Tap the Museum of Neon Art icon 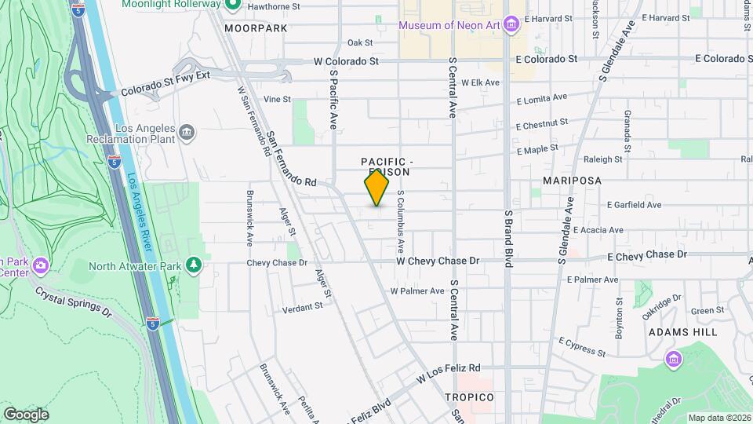(511, 26)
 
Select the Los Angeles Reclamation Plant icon (187, 131)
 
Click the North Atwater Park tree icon (194, 265)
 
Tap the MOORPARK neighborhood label (256, 27)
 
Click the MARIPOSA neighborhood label (572, 181)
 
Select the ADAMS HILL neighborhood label (682, 332)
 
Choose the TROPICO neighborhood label (469, 397)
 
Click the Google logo (26, 414)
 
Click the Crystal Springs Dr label (75, 302)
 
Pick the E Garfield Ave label (637, 204)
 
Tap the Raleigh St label (603, 159)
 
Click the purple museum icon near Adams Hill (673, 360)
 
